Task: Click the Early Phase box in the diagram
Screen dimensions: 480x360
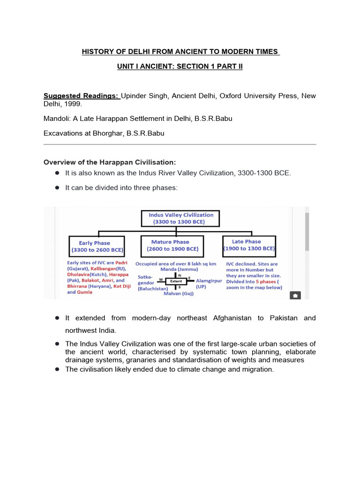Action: [x=95, y=247]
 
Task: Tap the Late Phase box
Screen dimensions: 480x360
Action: [x=249, y=245]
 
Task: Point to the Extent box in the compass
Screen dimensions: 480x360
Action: [x=176, y=282]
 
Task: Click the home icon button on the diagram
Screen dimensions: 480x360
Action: [x=295, y=295]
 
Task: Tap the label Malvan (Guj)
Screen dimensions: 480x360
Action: [x=178, y=293]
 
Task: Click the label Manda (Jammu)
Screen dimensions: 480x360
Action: [x=176, y=270]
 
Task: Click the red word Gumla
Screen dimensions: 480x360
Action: [x=85, y=292]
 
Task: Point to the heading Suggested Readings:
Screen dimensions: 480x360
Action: [x=82, y=96]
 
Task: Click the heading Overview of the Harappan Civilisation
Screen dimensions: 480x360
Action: [x=110, y=162]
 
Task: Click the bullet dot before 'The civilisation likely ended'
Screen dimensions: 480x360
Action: [x=57, y=369]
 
